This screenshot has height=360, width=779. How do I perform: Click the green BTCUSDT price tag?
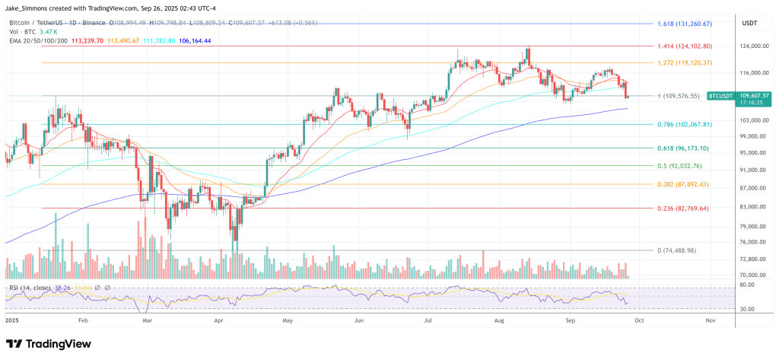(x=720, y=96)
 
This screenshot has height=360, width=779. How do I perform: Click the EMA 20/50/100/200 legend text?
(x=35, y=42)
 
